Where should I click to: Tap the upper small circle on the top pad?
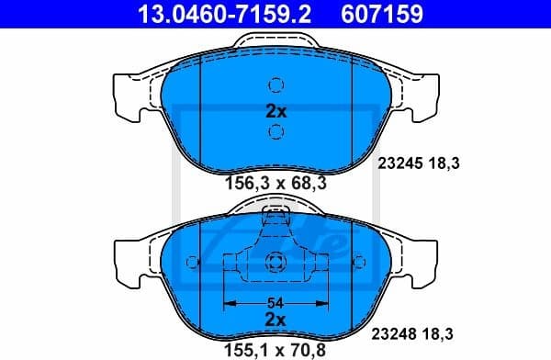tap(275, 86)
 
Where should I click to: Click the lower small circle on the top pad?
tap(275, 133)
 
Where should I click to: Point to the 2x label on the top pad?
tap(275, 111)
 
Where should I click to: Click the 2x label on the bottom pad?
tap(275, 320)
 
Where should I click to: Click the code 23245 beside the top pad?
tap(399, 163)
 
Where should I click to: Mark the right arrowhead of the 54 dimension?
tap(322, 302)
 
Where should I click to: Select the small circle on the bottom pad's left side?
tap(192, 262)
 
